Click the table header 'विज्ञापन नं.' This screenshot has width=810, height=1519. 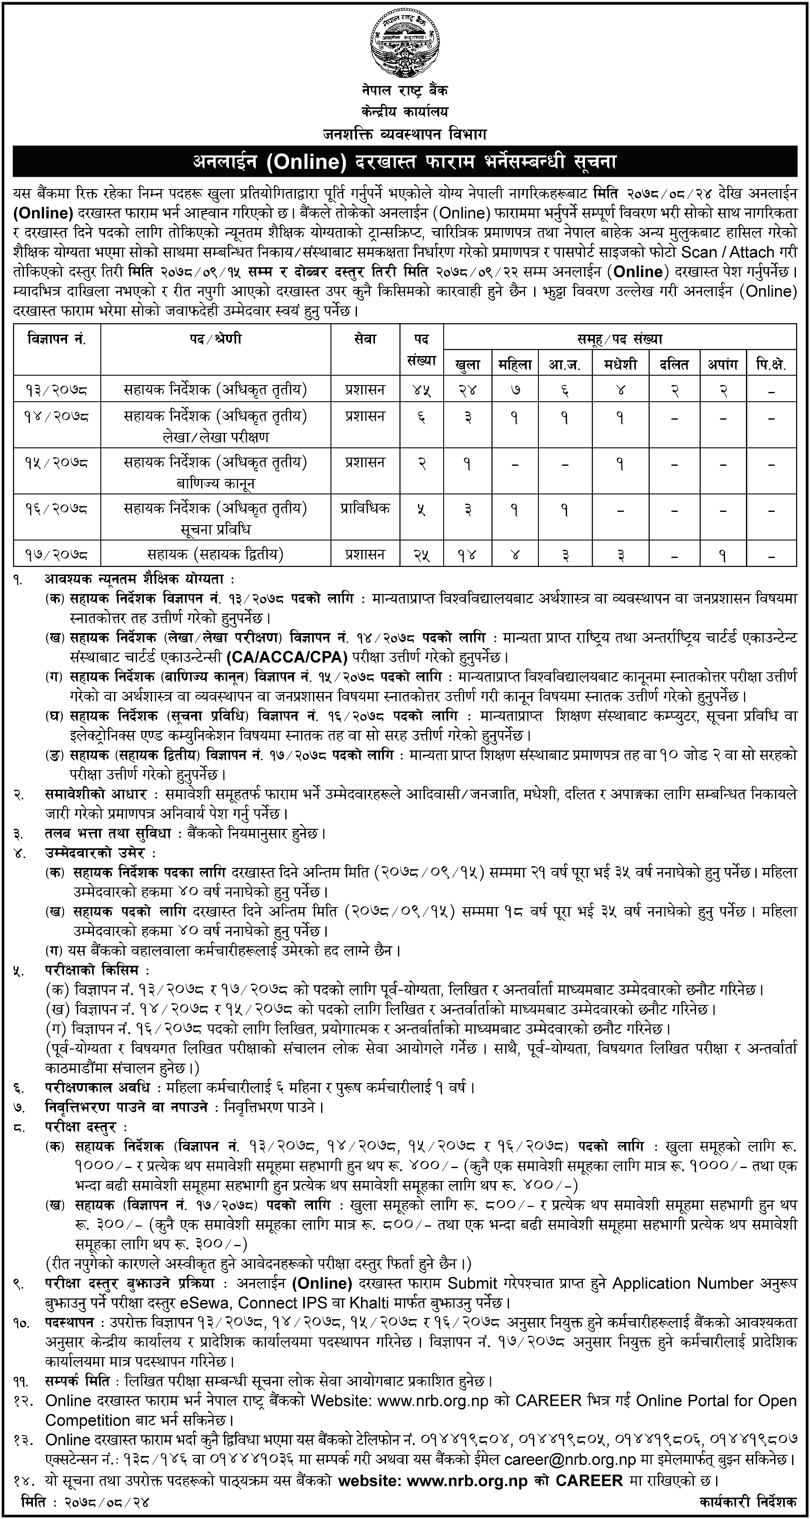tap(57, 340)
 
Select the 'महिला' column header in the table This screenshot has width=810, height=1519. tap(515, 365)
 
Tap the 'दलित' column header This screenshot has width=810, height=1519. tap(674, 365)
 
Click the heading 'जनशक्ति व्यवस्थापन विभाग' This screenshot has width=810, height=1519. tap(405, 134)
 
